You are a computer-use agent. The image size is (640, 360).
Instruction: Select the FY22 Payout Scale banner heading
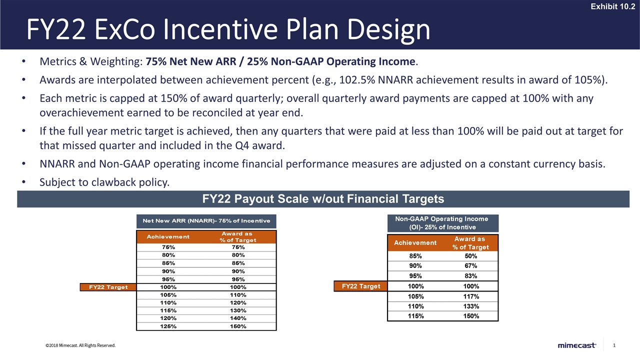(323, 199)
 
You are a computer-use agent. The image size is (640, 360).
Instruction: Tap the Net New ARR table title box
(206, 221)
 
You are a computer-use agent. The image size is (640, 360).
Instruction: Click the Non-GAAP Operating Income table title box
(441, 223)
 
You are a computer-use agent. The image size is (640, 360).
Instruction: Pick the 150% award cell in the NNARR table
(238, 326)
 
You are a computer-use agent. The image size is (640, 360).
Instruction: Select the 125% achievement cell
(168, 326)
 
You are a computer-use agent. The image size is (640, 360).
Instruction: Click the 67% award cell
(470, 265)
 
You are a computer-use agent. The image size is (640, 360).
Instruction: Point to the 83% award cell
(470, 276)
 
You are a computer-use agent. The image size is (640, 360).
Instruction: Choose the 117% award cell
(470, 296)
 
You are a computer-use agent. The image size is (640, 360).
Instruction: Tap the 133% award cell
(470, 306)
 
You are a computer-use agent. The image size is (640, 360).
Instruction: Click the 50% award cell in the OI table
(470, 256)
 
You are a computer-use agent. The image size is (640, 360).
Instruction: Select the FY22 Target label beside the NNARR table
(108, 287)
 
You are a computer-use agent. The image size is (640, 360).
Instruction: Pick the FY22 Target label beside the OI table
(360, 286)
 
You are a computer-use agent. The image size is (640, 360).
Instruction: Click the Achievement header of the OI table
(415, 243)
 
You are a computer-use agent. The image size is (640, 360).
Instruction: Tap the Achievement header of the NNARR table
(168, 236)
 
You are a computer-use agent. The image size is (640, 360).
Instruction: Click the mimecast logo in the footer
(576, 345)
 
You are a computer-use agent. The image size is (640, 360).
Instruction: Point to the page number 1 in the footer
(613, 345)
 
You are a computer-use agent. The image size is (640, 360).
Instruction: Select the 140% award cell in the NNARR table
(238, 318)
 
